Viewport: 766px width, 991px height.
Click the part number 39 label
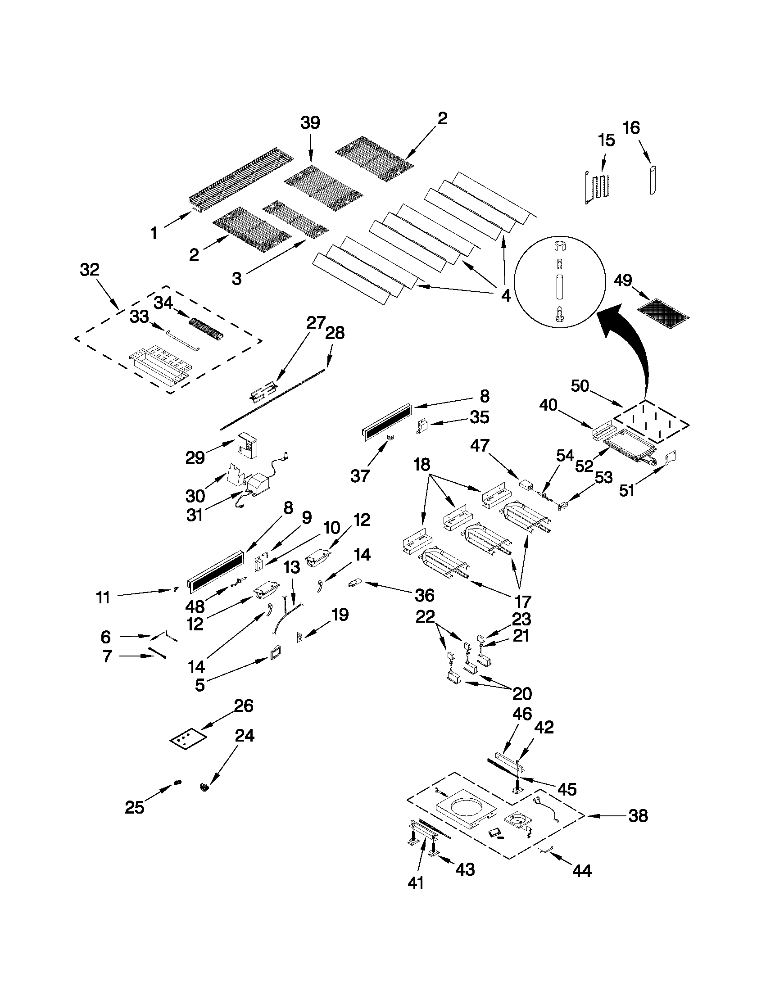point(310,123)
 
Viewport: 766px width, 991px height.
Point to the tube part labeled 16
point(653,180)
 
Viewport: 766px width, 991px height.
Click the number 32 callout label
point(90,270)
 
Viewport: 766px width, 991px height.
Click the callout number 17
point(523,602)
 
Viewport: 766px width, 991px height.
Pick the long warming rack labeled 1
point(240,181)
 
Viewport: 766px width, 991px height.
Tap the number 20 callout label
point(522,694)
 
